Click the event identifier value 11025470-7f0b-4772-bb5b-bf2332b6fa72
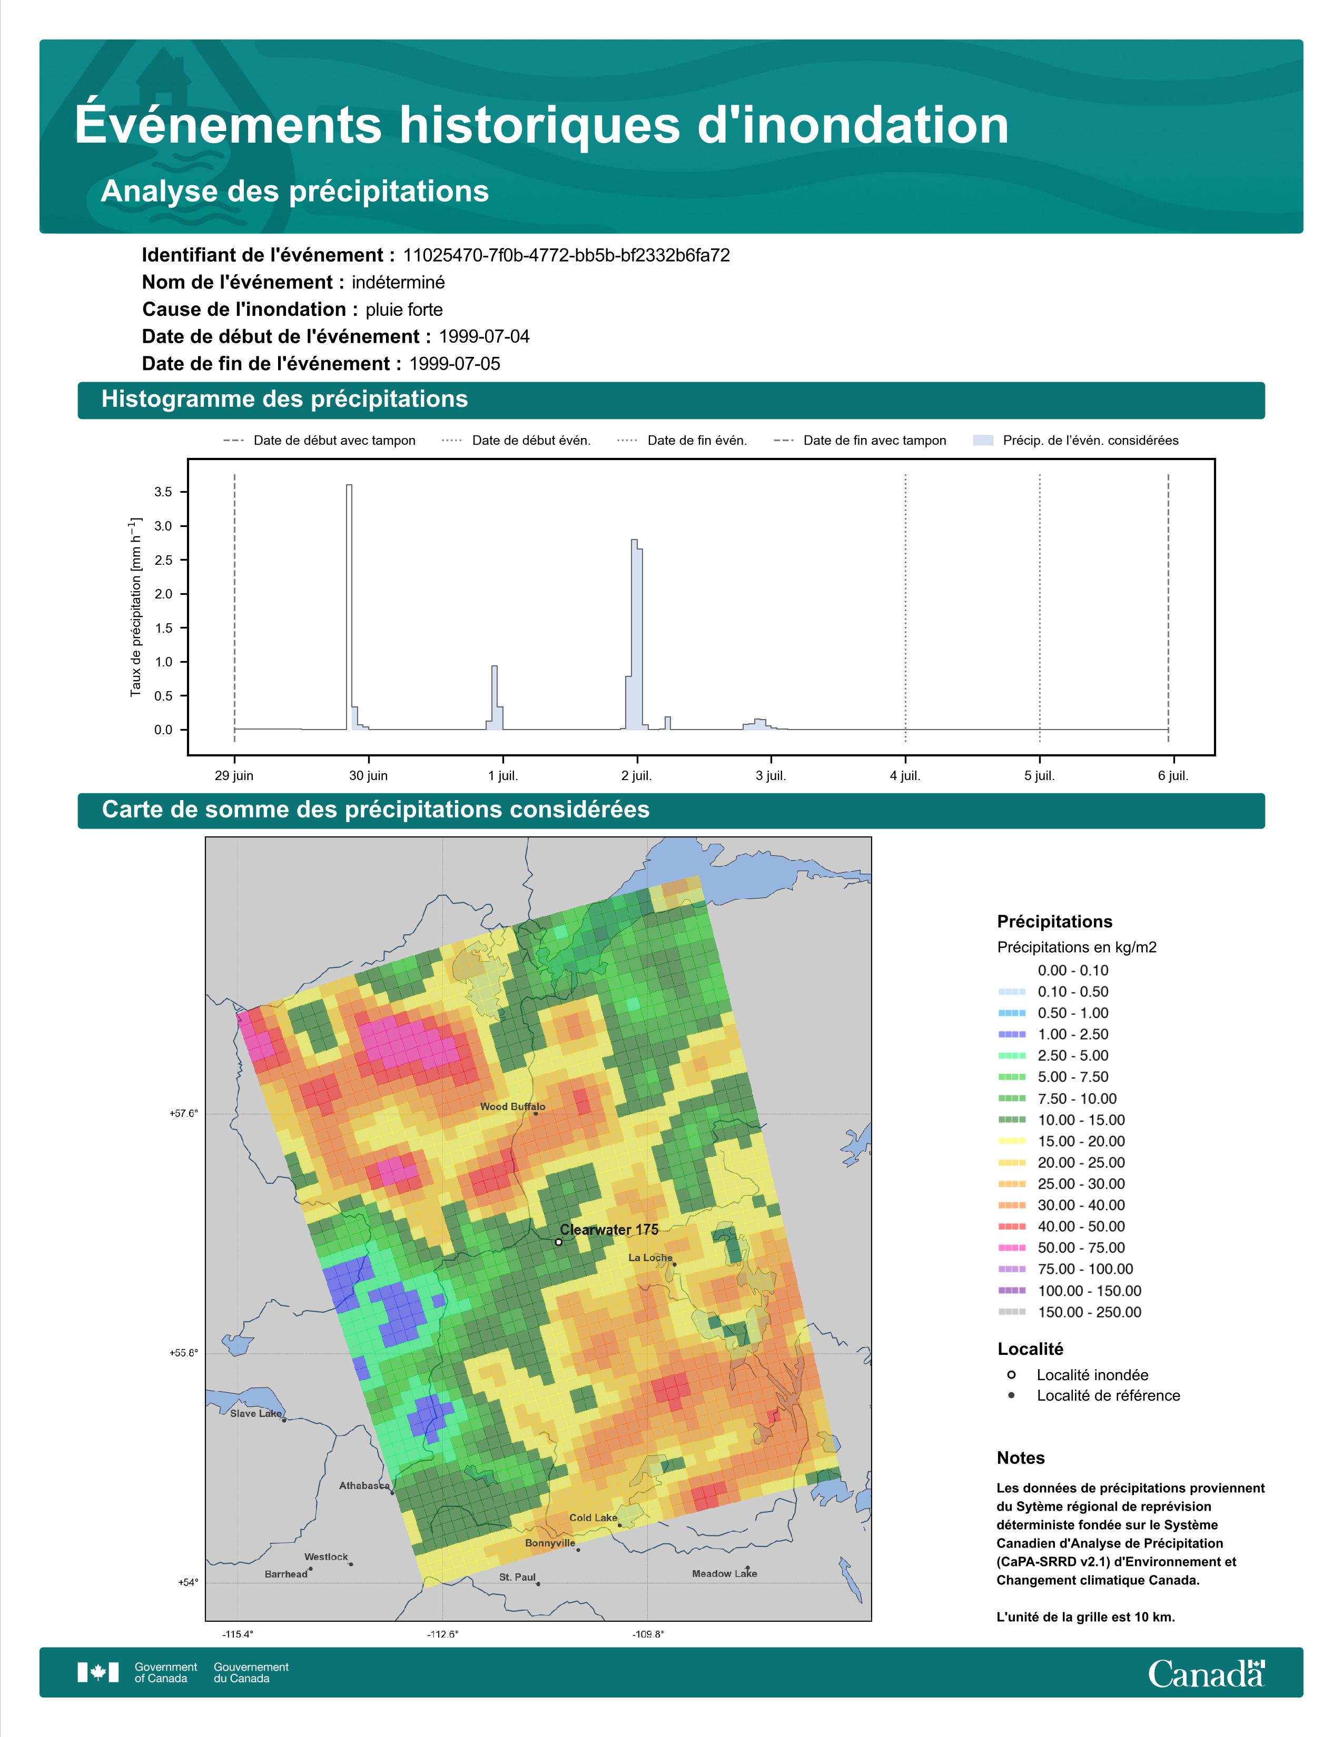[567, 255]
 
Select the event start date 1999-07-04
[483, 336]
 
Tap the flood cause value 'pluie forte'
[404, 310]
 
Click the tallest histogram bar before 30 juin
[349, 607]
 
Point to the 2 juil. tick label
[637, 775]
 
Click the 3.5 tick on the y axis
[163, 492]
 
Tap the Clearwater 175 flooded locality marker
[558, 1242]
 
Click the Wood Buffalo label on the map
[512, 1106]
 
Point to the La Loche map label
[650, 1257]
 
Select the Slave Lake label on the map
[255, 1413]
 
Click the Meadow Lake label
[724, 1573]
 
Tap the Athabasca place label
[364, 1485]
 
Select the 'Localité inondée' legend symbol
[1011, 1374]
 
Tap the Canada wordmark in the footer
[1206, 1673]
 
